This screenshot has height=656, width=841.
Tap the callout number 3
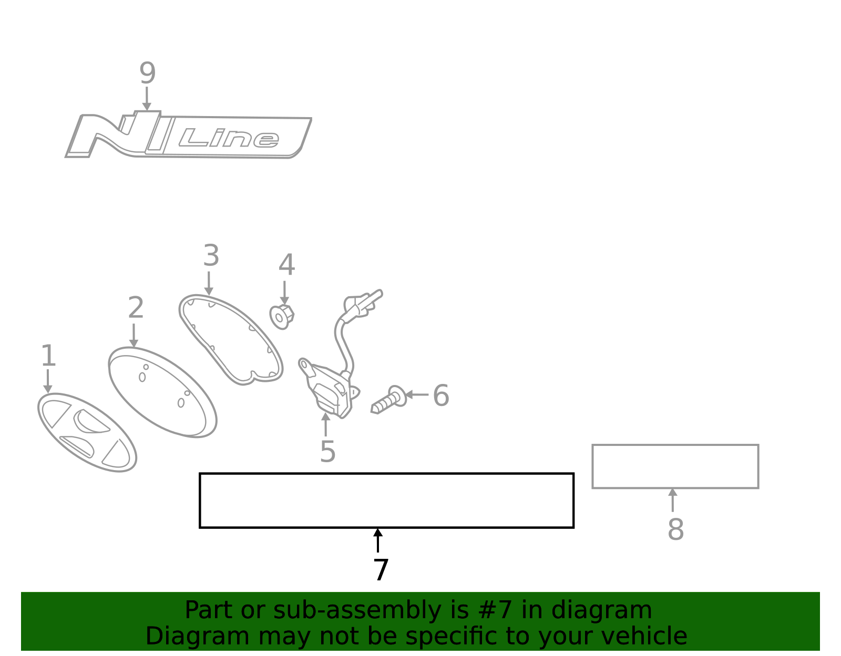[x=211, y=255]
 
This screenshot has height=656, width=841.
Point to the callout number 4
[x=287, y=265]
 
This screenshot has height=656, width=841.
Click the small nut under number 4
[x=282, y=317]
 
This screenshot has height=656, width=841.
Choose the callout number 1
[x=48, y=355]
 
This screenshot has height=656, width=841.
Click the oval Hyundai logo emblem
[x=87, y=433]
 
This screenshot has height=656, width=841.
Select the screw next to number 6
[x=389, y=400]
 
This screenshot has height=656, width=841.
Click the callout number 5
[x=327, y=451]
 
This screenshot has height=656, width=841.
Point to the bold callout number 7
[x=381, y=570]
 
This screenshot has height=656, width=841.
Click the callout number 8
[x=676, y=529]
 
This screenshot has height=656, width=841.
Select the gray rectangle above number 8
[x=675, y=466]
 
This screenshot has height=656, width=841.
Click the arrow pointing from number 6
[x=417, y=394]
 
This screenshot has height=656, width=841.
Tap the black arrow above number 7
[x=378, y=540]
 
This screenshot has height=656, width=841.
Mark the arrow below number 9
[x=147, y=99]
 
